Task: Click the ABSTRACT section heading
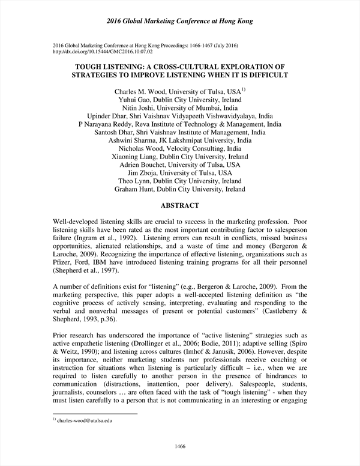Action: [x=180, y=205]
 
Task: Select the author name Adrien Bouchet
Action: [x=145, y=165]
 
